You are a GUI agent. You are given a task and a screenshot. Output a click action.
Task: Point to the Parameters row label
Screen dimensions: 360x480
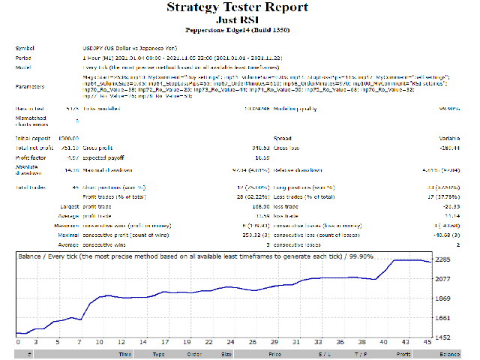point(30,86)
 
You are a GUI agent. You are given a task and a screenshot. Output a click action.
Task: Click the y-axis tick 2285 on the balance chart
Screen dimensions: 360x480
point(442,260)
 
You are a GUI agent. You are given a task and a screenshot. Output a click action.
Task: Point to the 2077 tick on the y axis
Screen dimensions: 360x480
point(442,279)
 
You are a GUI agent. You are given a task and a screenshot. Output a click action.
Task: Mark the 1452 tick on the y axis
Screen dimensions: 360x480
point(442,337)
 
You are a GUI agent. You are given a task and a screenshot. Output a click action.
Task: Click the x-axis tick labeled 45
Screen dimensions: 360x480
point(427,343)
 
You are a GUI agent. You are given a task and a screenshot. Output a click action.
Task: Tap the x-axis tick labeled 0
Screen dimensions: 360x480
point(16,343)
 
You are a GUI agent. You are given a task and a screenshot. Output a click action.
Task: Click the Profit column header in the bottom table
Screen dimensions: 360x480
point(403,352)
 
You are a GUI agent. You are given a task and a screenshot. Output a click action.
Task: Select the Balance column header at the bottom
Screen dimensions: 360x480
point(450,352)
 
